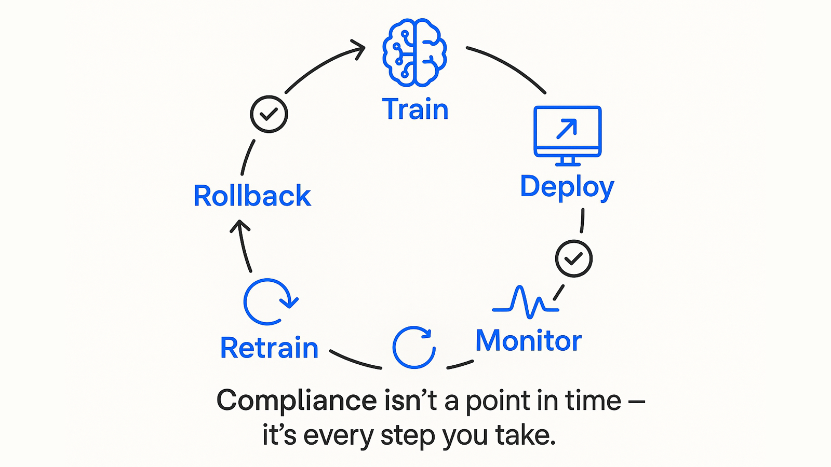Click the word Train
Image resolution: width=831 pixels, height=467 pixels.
coord(415,109)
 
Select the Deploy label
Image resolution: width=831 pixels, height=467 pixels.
coord(567,187)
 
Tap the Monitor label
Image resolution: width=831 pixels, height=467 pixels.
coord(528,341)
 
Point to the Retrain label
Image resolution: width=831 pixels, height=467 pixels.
coord(269,348)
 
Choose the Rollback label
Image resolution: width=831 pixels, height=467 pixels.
coord(252,196)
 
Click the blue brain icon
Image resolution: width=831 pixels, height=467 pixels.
coord(414,52)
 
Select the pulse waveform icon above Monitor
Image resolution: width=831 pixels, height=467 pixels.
coord(526,302)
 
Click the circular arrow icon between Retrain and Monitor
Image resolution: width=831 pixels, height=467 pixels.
coord(414,347)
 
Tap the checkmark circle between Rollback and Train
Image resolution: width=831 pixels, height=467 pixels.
coord(269,114)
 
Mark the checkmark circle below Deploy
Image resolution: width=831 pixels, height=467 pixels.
coord(573,258)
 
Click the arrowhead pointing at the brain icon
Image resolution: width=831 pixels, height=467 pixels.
coord(359,49)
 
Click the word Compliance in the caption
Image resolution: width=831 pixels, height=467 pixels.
coord(297,401)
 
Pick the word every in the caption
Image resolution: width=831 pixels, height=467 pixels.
coord(338,435)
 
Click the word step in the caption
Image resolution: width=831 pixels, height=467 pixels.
coord(408,435)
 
